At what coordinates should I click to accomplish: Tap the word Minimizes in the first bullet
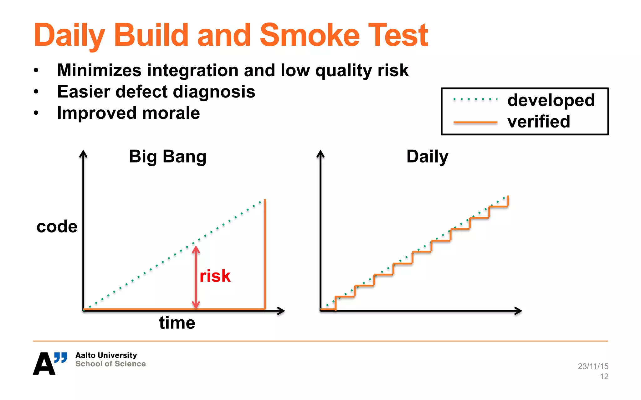(99, 70)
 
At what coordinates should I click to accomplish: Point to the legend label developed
(551, 101)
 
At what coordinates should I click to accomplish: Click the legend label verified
(539, 121)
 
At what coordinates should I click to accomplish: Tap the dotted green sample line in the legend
(475, 99)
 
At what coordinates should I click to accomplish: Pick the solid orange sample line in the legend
(475, 122)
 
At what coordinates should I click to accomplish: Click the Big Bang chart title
(167, 156)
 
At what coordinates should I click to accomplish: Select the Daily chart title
(427, 156)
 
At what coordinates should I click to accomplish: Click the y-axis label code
(57, 226)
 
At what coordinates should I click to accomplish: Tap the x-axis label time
(177, 323)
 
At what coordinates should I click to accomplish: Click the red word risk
(215, 276)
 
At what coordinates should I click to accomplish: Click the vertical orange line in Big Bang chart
(265, 253)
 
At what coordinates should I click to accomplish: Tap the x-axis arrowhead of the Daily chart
(519, 311)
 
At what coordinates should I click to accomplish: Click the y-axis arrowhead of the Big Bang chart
(83, 154)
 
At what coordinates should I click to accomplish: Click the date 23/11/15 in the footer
(593, 366)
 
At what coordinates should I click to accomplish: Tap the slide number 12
(604, 377)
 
